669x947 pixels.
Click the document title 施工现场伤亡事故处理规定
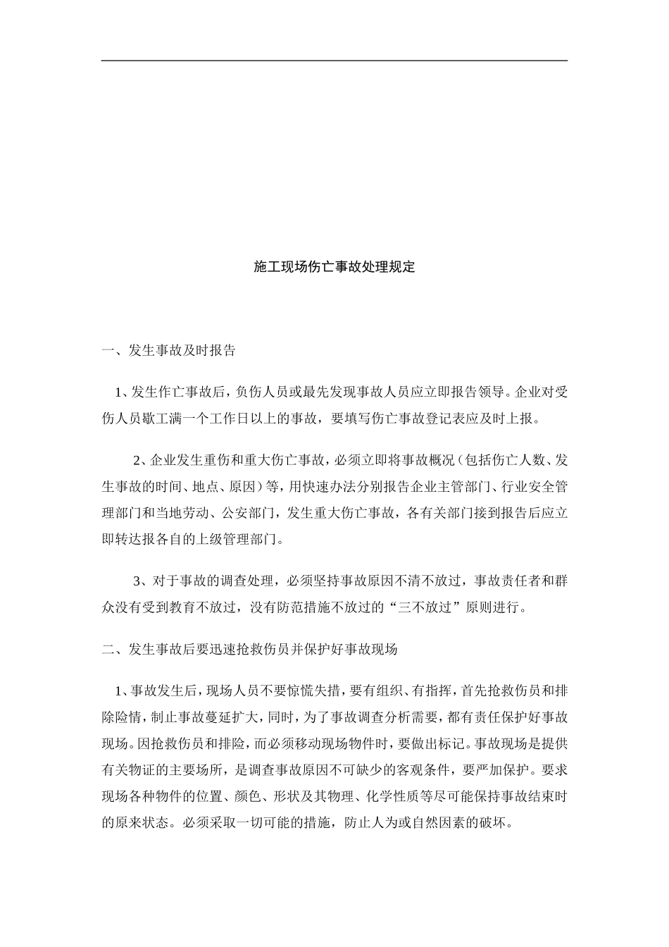(334, 267)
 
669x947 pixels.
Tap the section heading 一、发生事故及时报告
(168, 350)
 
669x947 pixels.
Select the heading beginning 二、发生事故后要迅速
(249, 649)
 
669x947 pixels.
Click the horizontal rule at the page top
(334, 61)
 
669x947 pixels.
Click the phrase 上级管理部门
(244, 540)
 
